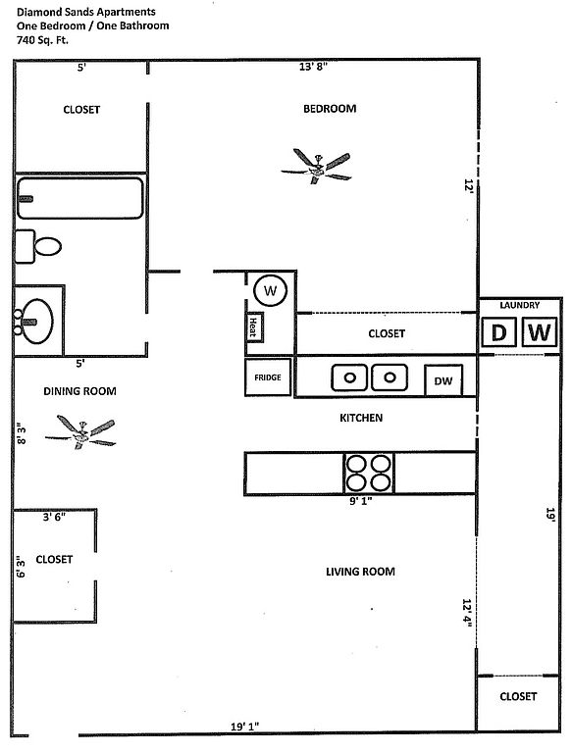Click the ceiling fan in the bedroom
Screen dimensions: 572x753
(317, 166)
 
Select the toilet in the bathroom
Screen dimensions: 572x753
(38, 246)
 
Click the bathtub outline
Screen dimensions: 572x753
(79, 198)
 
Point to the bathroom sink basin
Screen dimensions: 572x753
(37, 322)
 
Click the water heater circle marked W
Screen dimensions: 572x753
(270, 290)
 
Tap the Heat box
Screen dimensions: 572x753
(254, 327)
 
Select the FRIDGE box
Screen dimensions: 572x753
(268, 377)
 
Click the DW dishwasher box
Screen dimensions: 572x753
(443, 380)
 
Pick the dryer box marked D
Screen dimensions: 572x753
(499, 331)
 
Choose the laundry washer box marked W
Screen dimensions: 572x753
(540, 331)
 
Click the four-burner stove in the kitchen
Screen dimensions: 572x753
(369, 474)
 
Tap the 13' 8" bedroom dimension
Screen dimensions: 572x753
(313, 67)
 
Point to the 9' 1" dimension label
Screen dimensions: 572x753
(360, 501)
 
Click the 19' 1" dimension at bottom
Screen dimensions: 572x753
(244, 727)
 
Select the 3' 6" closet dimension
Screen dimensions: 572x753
(54, 518)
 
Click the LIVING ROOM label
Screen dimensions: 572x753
(360, 572)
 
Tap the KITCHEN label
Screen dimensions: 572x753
(361, 418)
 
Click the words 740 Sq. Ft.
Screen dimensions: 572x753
(42, 40)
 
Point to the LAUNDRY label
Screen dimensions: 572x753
(520, 305)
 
